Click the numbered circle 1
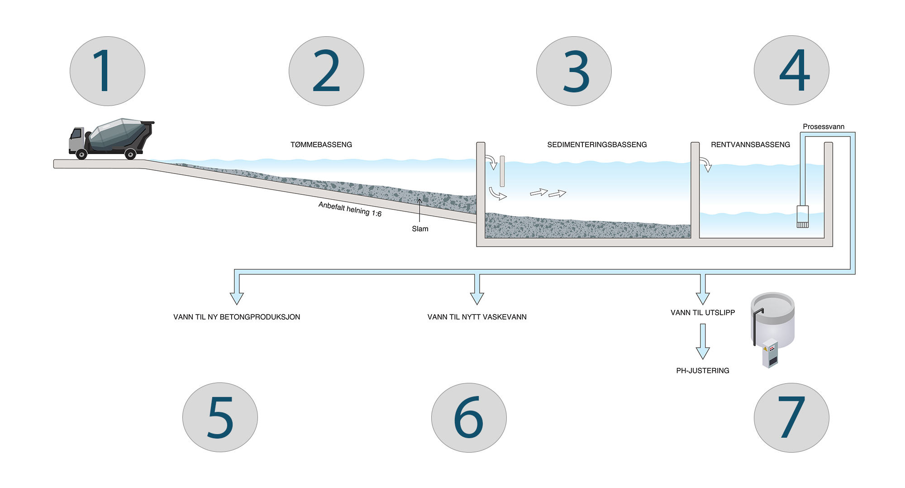(x=107, y=71)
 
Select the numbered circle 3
(x=574, y=71)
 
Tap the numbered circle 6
(x=469, y=417)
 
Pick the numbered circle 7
(x=791, y=417)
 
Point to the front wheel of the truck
(x=81, y=155)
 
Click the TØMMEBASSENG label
(x=321, y=145)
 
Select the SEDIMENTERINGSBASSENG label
(x=597, y=145)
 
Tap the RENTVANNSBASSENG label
(x=750, y=145)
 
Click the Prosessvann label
(x=824, y=126)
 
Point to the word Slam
(x=420, y=229)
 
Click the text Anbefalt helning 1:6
(x=350, y=209)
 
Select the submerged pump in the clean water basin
(x=803, y=217)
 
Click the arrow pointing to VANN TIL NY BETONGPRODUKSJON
(x=237, y=290)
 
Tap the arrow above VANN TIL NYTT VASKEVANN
(x=477, y=290)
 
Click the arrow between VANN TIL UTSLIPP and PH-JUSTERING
(x=703, y=342)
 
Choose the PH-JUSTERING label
(x=703, y=371)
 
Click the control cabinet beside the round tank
(x=770, y=353)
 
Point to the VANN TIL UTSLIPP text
(x=703, y=313)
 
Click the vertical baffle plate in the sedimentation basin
(x=502, y=171)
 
